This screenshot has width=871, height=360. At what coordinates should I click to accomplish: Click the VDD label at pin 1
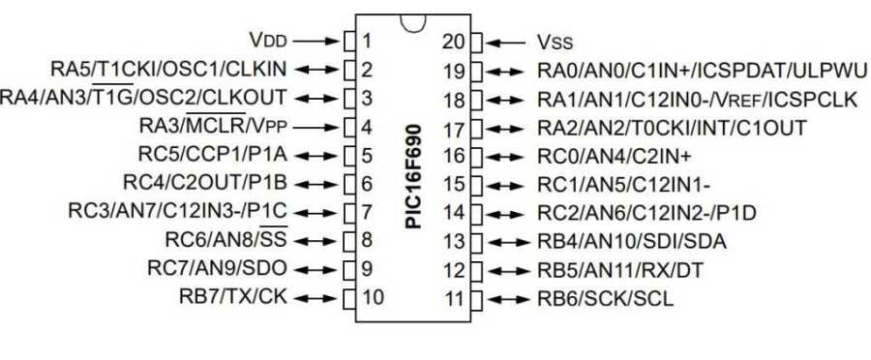click(x=268, y=40)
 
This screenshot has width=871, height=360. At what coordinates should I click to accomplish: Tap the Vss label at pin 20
click(x=555, y=43)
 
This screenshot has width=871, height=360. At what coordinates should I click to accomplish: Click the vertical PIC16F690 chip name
click(x=412, y=176)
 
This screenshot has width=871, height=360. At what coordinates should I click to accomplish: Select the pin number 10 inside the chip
click(x=373, y=297)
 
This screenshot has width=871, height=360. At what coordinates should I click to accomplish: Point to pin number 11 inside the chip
click(x=454, y=299)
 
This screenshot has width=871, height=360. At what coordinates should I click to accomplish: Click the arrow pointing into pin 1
click(x=316, y=41)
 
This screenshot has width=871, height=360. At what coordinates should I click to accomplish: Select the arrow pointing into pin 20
click(x=505, y=43)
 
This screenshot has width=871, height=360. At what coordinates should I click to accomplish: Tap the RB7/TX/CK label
click(x=233, y=297)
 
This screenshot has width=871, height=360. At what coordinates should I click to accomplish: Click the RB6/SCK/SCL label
click(x=606, y=299)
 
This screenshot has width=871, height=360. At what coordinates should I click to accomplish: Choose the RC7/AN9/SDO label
click(x=217, y=268)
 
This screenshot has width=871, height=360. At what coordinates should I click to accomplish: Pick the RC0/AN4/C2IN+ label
click(x=615, y=156)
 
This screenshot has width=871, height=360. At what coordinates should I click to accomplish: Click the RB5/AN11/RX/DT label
click(x=620, y=271)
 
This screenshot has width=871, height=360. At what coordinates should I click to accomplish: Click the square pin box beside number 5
click(x=349, y=155)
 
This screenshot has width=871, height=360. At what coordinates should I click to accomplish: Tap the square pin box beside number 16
click(x=476, y=156)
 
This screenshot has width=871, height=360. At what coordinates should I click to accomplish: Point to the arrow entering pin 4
click(x=316, y=127)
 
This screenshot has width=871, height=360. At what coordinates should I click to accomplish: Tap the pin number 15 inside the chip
click(x=454, y=185)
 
